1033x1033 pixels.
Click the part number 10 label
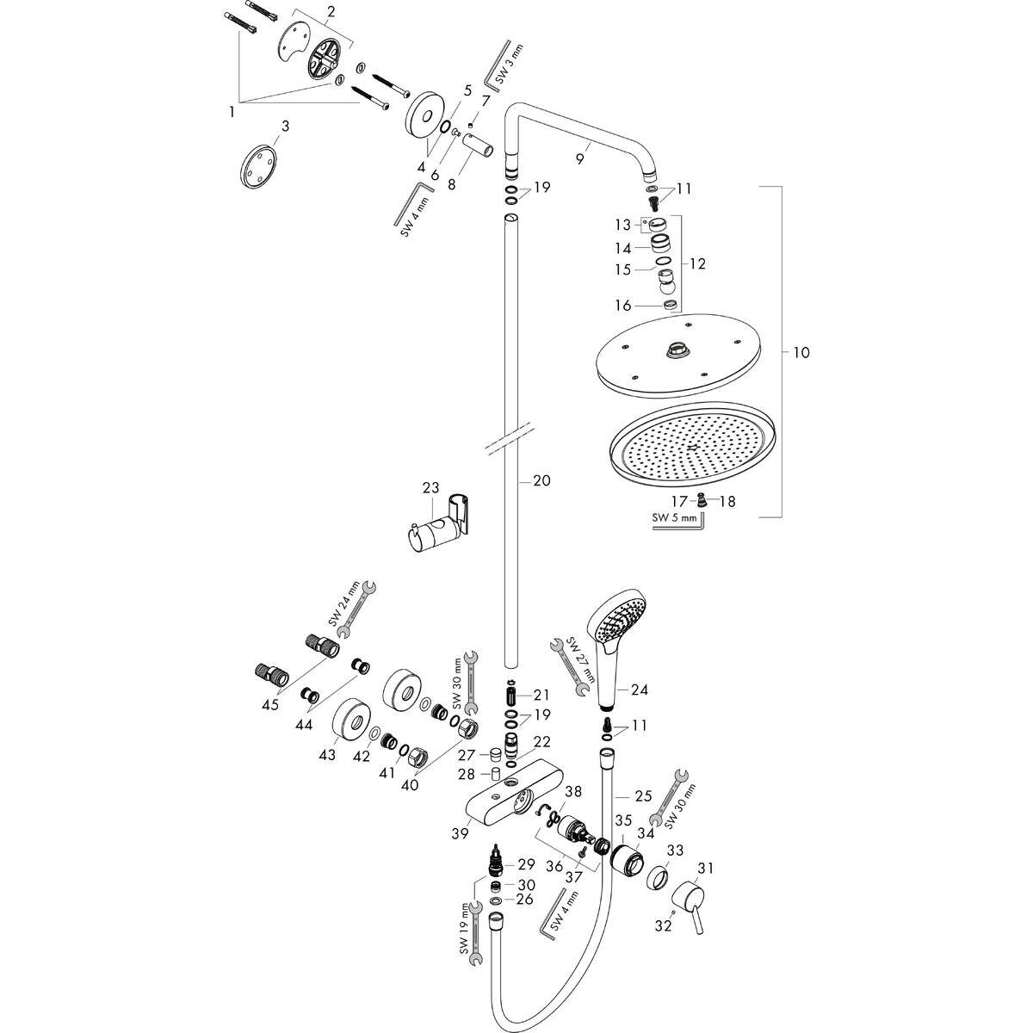(801, 352)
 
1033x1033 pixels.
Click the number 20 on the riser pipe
(541, 481)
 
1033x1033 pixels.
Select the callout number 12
(697, 263)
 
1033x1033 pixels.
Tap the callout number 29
(526, 863)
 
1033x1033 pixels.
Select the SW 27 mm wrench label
(572, 659)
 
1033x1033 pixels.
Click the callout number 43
(327, 754)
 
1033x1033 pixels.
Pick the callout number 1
(230, 111)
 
